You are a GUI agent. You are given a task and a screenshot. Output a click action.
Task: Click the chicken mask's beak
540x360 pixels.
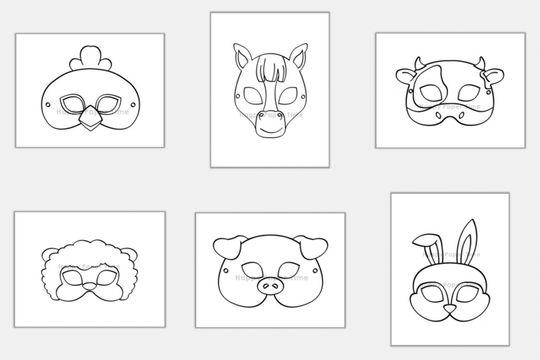[x=90, y=121]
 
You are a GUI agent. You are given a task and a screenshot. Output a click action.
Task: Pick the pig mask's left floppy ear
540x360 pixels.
[x=228, y=247]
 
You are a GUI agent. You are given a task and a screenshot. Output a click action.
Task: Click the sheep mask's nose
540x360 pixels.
[x=90, y=286]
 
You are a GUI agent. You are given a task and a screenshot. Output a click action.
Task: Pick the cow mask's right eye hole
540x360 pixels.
[x=468, y=93]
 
